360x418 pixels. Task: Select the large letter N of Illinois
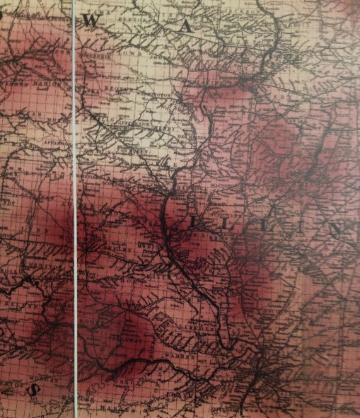pyautogui.click(x=339, y=228)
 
